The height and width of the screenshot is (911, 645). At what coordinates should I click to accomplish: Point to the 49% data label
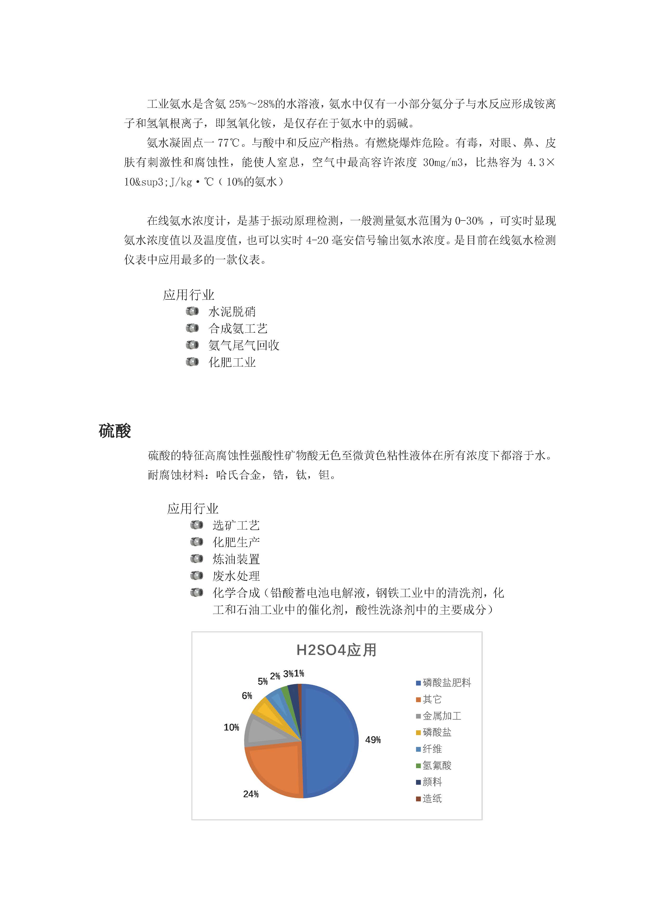click(x=373, y=740)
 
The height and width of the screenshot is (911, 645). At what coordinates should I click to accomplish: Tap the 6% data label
click(x=247, y=695)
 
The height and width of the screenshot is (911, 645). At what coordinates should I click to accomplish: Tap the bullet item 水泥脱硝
click(x=232, y=312)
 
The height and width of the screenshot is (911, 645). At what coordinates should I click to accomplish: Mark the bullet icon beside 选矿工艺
click(x=197, y=525)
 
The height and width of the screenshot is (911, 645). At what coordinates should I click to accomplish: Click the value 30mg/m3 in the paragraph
click(x=442, y=162)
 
